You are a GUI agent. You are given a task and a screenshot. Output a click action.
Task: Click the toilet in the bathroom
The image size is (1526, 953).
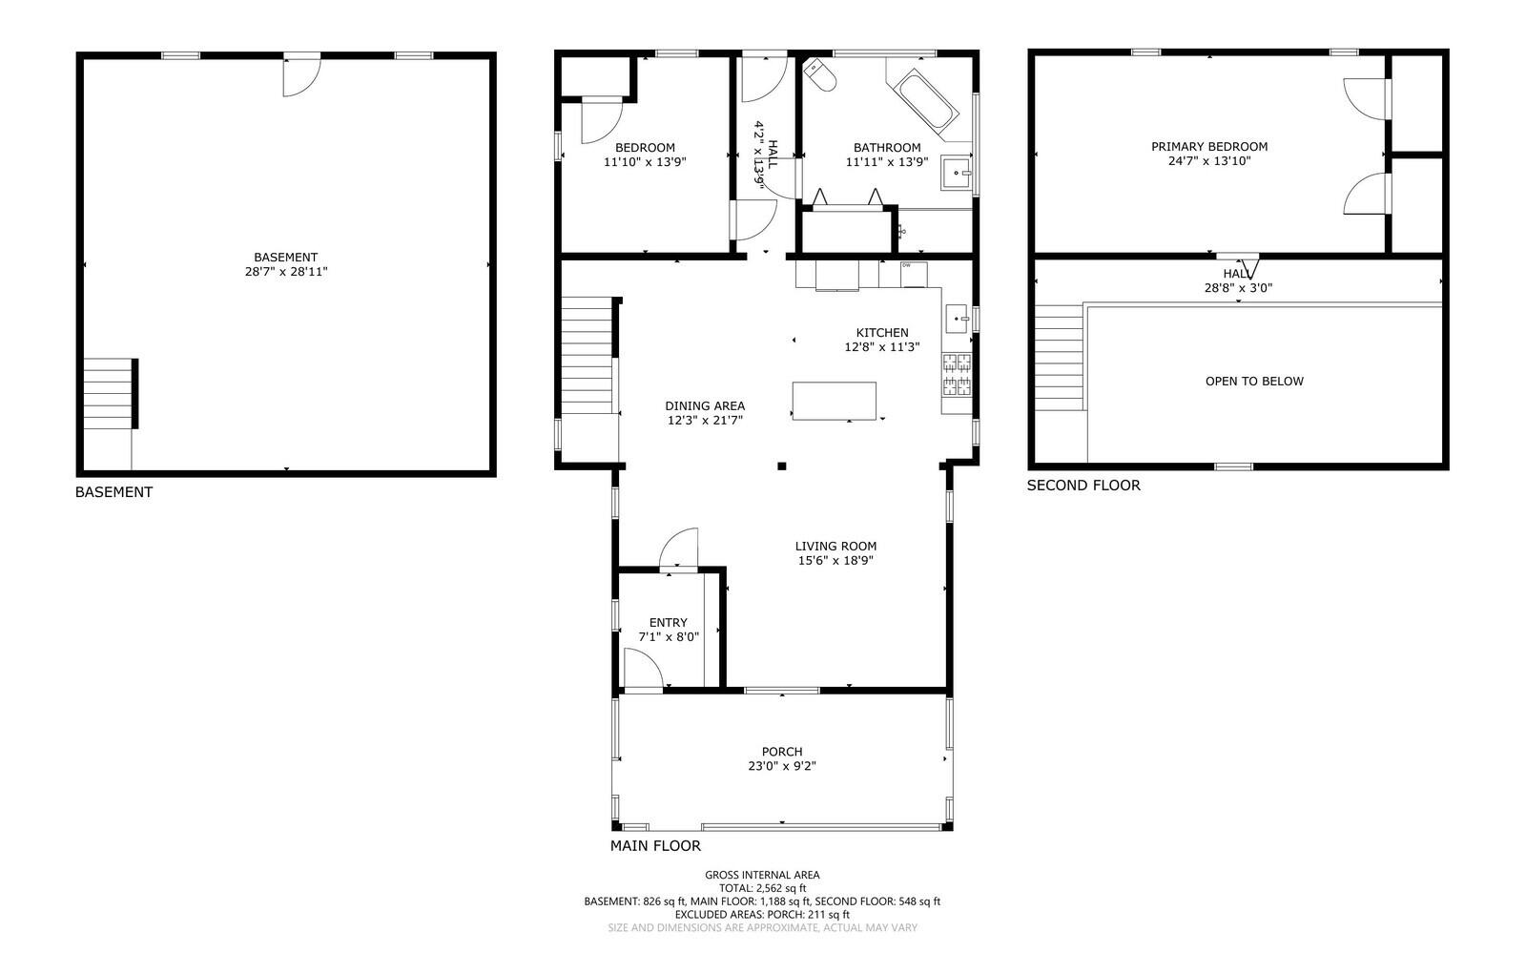coord(820,76)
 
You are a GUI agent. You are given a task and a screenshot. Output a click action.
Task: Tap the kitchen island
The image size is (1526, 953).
coord(834,401)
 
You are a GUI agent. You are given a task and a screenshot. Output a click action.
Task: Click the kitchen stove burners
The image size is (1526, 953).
coord(957,374)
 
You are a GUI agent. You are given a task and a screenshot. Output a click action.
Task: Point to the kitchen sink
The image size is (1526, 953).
coord(957,316)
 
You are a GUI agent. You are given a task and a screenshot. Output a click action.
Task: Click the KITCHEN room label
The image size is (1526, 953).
coord(881,333)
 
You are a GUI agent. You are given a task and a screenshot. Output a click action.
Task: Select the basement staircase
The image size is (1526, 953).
coord(107,394)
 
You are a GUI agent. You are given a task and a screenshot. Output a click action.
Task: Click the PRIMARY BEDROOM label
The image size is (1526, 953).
coord(1208,147)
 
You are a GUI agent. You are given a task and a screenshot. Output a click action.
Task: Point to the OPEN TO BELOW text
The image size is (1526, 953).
coord(1253,382)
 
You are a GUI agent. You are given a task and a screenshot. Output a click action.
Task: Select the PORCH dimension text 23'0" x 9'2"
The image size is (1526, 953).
coord(781,766)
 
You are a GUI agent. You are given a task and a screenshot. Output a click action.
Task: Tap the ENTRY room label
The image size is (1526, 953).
coord(668,623)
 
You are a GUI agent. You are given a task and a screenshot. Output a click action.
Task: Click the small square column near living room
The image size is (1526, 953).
coord(781,466)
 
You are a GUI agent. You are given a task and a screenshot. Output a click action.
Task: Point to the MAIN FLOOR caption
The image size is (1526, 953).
coord(655,846)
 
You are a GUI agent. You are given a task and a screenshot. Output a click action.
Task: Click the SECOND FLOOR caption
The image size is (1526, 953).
coord(1083,486)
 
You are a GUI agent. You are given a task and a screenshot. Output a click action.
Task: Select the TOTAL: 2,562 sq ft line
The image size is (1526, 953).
coord(762,888)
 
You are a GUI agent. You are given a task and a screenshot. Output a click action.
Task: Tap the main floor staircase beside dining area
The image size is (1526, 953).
coord(586,355)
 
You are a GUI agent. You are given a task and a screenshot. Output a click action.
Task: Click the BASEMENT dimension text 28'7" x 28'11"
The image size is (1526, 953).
coord(286,272)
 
